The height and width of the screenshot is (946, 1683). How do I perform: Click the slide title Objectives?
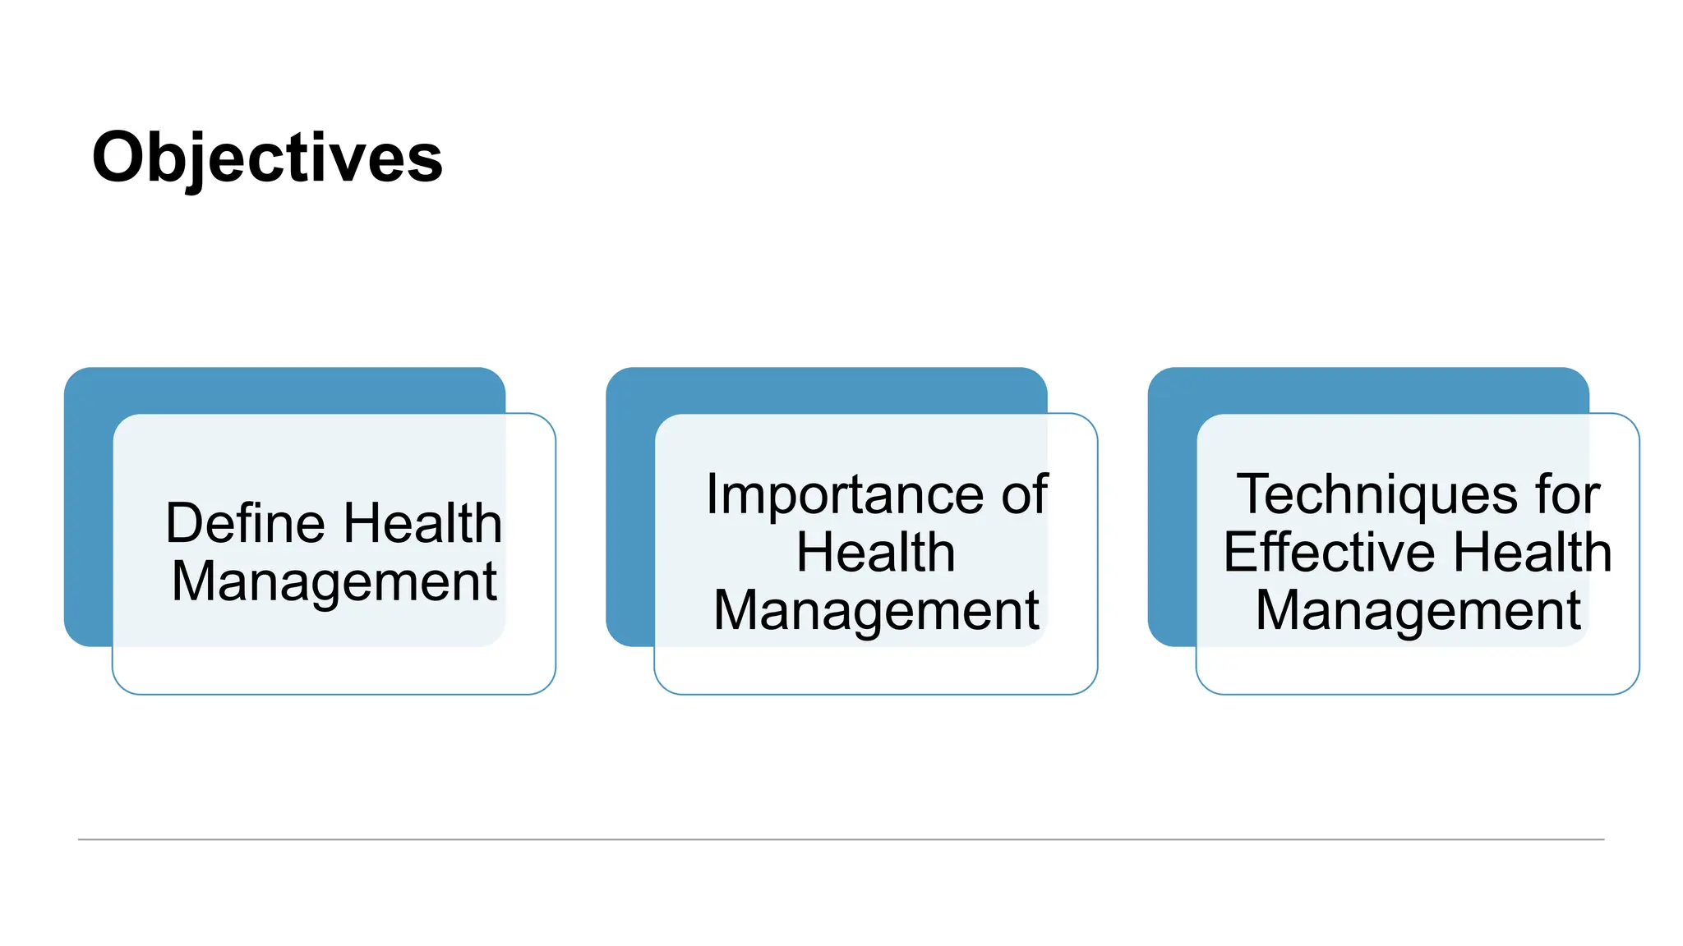[x=267, y=158]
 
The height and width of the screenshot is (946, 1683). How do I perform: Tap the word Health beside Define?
[x=422, y=523]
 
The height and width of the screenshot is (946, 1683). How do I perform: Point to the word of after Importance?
[x=1024, y=494]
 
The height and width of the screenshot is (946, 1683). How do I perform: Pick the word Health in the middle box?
[x=875, y=552]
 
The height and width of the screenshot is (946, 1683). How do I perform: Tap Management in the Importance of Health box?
[x=876, y=611]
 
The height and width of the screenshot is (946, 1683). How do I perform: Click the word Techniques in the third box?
[x=1376, y=495]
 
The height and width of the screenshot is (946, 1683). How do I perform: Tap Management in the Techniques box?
[x=1418, y=611]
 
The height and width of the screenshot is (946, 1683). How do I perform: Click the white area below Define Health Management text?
[x=334, y=669]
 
